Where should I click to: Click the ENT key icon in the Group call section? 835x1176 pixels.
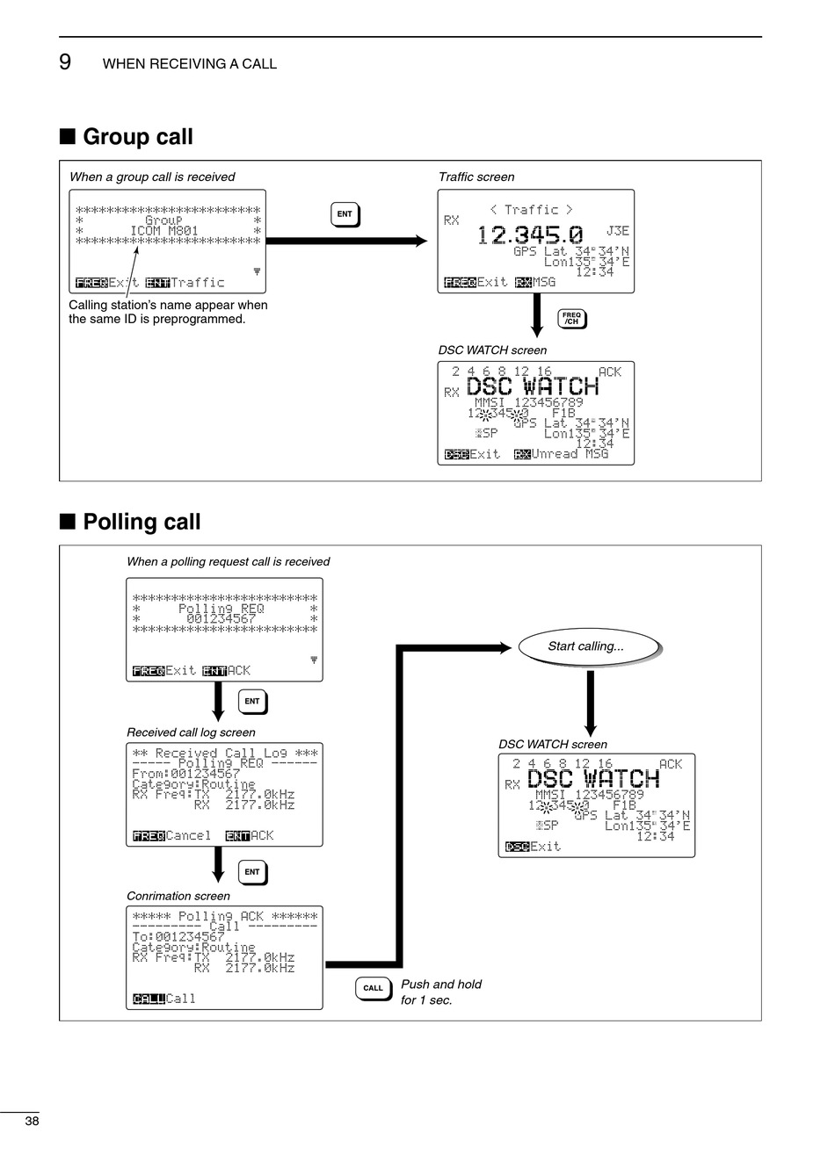pyautogui.click(x=345, y=214)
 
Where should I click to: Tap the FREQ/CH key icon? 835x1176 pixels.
pyautogui.click(x=571, y=318)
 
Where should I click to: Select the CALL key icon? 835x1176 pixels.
pyautogui.click(x=373, y=988)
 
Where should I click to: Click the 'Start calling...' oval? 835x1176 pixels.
pyautogui.click(x=586, y=646)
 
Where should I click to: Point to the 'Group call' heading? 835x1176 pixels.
pyautogui.click(x=138, y=137)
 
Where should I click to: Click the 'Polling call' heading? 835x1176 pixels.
pyautogui.click(x=142, y=522)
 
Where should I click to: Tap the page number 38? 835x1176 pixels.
pyautogui.click(x=33, y=1121)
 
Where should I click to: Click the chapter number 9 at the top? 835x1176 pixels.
pyautogui.click(x=65, y=62)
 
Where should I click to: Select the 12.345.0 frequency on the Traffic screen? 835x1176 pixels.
pyautogui.click(x=530, y=235)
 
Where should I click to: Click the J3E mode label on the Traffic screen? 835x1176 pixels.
pyautogui.click(x=618, y=231)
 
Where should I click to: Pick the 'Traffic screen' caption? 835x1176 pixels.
pyautogui.click(x=476, y=177)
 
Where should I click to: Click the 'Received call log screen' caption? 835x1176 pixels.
pyautogui.click(x=191, y=732)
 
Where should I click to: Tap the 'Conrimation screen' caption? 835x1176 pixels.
pyautogui.click(x=178, y=896)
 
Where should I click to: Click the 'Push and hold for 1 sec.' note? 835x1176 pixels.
pyautogui.click(x=441, y=992)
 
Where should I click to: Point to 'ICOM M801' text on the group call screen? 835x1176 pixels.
pyautogui.click(x=164, y=231)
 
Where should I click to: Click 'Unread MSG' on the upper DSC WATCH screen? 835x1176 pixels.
pyautogui.click(x=570, y=454)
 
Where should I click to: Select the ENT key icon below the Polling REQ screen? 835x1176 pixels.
pyautogui.click(x=252, y=702)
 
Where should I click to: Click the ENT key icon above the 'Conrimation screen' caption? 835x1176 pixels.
pyautogui.click(x=252, y=872)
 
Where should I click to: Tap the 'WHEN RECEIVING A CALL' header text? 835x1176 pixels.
pyautogui.click(x=190, y=64)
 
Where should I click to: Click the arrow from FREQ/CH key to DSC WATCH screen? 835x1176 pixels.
pyautogui.click(x=537, y=316)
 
